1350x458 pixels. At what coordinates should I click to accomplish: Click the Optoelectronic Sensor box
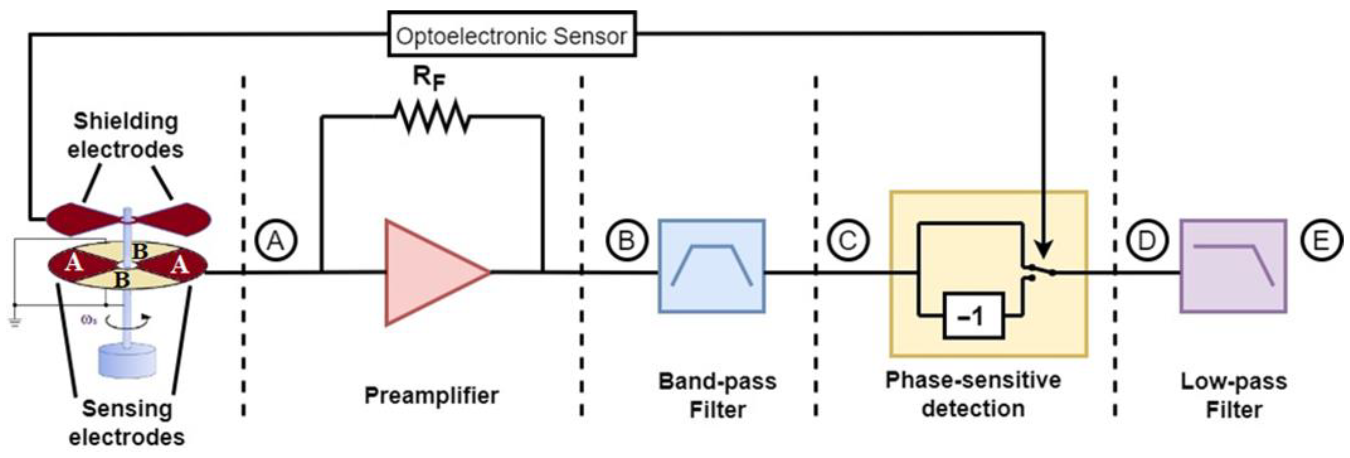pyautogui.click(x=512, y=35)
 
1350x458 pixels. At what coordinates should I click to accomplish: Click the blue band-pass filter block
pyautogui.click(x=711, y=266)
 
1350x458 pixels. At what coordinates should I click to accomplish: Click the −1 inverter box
pyautogui.click(x=973, y=316)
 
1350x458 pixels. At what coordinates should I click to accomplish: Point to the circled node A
pyautogui.click(x=276, y=241)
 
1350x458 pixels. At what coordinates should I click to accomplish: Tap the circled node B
pyautogui.click(x=627, y=241)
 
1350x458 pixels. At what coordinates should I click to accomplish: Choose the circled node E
pyautogui.click(x=1321, y=241)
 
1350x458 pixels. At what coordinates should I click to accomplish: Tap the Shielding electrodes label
pyautogui.click(x=126, y=135)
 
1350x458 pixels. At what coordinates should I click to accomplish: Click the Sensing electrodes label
pyautogui.click(x=127, y=422)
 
